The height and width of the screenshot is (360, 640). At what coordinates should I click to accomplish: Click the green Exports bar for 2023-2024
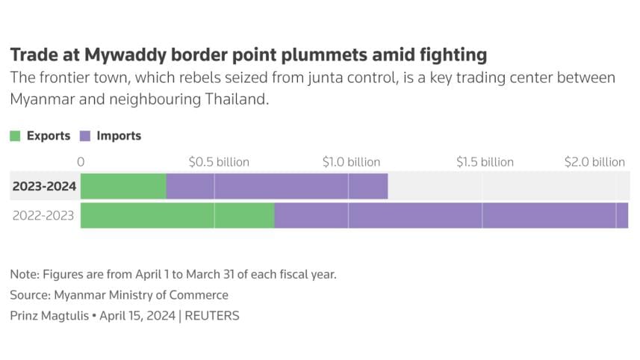point(123,186)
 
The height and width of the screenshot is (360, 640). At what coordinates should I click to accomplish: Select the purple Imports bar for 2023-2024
point(276,186)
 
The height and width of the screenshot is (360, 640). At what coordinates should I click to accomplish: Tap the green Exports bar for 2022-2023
point(177,215)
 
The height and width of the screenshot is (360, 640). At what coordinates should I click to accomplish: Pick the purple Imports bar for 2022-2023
point(451,215)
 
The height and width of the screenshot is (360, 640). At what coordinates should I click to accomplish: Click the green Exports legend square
point(15,136)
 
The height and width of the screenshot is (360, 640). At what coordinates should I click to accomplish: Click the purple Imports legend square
point(85,136)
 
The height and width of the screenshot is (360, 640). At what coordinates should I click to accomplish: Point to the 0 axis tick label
point(81,162)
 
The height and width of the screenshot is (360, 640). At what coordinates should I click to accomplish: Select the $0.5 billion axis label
point(219,162)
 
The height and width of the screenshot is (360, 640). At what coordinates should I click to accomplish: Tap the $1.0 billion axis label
point(351,162)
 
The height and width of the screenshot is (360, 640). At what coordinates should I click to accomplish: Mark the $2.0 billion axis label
point(595,162)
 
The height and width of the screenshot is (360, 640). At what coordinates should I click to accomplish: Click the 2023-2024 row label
point(44,186)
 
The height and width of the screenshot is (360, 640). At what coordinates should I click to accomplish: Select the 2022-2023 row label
point(44,215)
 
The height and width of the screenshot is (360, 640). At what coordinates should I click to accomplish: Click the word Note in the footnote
point(23,274)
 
